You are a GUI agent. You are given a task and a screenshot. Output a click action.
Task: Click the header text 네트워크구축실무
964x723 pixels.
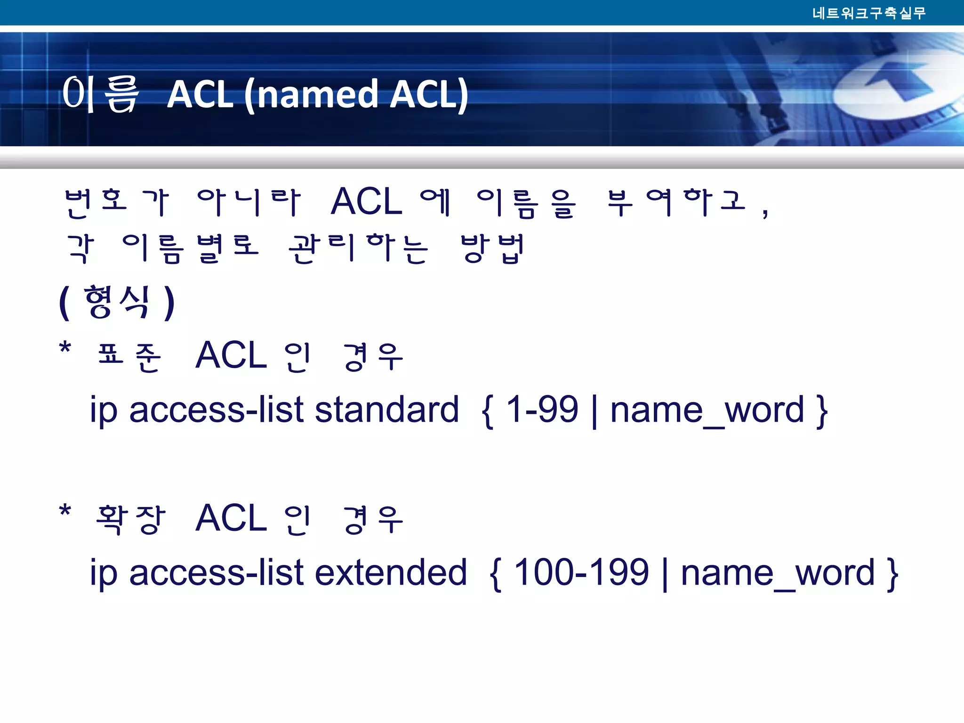tap(869, 13)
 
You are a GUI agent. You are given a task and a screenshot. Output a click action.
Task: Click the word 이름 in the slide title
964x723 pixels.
tap(101, 94)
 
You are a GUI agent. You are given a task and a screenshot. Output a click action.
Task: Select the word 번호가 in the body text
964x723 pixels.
tap(117, 203)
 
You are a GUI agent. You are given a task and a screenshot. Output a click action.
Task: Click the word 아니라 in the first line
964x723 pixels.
tap(248, 203)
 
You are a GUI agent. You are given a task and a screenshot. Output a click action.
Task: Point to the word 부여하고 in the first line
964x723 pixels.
tap(676, 203)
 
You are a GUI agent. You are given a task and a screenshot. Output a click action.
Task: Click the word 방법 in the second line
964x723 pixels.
tap(492, 249)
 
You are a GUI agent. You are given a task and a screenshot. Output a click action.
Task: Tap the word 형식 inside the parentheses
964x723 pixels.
tap(117, 302)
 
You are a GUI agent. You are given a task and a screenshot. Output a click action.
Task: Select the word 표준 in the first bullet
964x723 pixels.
tap(129, 356)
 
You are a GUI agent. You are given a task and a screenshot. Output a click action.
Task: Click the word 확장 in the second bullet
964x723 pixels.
tap(130, 519)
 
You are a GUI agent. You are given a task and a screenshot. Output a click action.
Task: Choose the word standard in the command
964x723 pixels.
tap(386, 410)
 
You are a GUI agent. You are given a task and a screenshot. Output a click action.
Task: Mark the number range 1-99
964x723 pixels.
tap(542, 410)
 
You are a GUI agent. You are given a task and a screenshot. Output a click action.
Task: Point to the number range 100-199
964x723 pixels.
tap(581, 573)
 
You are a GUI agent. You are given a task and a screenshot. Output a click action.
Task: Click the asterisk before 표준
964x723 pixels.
tap(65, 349)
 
